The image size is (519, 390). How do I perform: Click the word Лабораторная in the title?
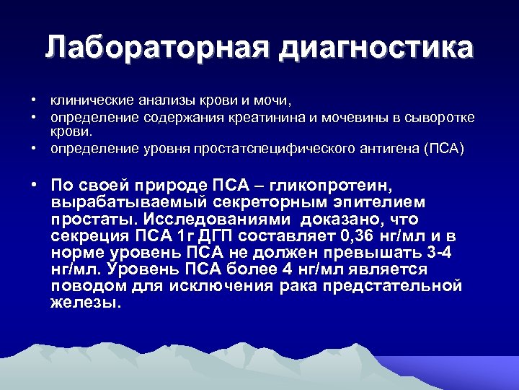[155, 48]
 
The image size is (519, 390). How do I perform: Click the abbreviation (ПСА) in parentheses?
[444, 149]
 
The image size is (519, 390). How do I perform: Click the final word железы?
[83, 303]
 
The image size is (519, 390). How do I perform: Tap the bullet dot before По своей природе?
[34, 184]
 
